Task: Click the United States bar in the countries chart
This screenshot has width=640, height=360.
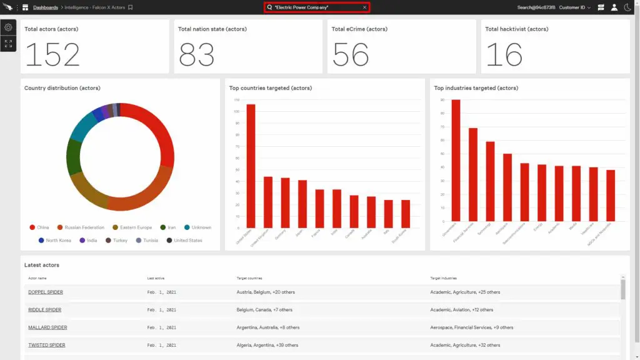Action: [x=251, y=166]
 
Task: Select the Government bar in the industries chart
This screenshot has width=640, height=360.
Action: [x=456, y=164]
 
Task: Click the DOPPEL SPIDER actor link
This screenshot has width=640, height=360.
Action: [x=46, y=292]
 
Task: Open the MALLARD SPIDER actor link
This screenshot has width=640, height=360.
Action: [x=47, y=327]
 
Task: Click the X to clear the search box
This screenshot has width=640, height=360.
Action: [x=364, y=7]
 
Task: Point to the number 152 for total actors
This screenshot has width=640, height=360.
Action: [x=52, y=55]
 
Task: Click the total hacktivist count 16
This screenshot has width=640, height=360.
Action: [x=504, y=55]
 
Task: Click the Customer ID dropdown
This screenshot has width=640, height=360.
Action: [x=574, y=7]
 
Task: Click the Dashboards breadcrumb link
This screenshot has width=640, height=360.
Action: [x=46, y=7]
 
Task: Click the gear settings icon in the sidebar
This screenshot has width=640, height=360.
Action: [x=8, y=27]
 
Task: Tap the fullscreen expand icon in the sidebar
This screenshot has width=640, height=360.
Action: [x=8, y=44]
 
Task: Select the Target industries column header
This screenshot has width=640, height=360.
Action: [x=443, y=277]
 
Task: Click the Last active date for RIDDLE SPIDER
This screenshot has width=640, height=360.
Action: [x=162, y=309]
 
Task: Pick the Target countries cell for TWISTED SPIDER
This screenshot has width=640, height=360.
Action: [x=267, y=345]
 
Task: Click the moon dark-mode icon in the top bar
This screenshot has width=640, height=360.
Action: [x=627, y=7]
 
